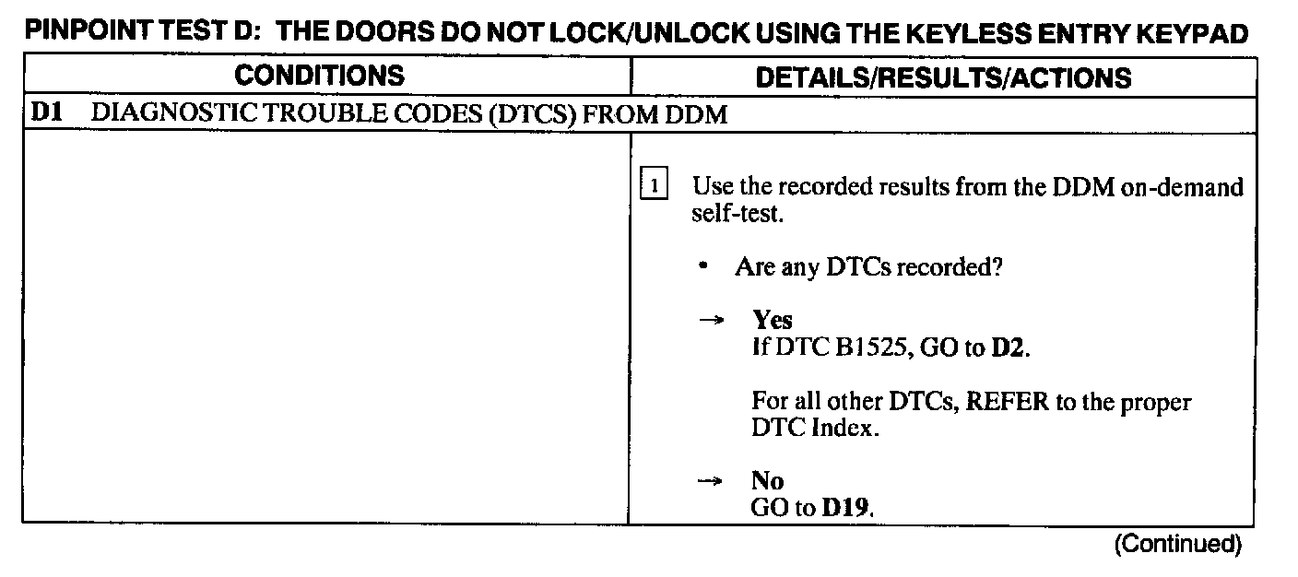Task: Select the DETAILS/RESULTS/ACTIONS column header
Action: (x=942, y=77)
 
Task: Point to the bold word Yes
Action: (x=773, y=320)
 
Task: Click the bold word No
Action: (x=767, y=482)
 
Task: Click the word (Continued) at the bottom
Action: (x=1177, y=544)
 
